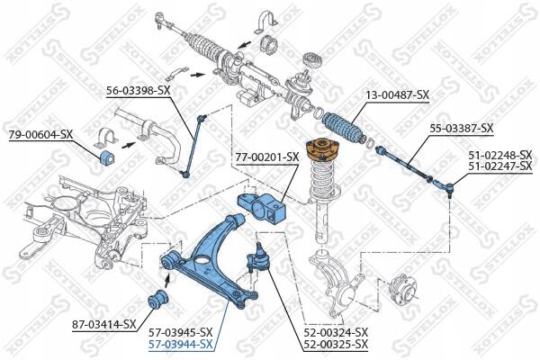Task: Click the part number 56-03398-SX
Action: point(138,91)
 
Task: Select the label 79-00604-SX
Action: point(41,134)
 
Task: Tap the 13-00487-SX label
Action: point(398,94)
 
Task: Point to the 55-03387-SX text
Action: point(461,129)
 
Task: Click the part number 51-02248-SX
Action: point(500,155)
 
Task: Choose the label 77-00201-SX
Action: point(267,157)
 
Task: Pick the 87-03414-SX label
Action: point(104,324)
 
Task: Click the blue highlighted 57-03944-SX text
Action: point(181,344)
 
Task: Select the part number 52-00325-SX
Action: point(336,344)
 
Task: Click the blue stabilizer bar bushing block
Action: point(107,157)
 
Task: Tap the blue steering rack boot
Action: point(344,127)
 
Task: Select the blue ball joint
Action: point(257,258)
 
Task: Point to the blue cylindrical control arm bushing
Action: point(157,300)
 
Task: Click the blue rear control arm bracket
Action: point(262,207)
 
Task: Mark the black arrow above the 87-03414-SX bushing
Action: point(167,280)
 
